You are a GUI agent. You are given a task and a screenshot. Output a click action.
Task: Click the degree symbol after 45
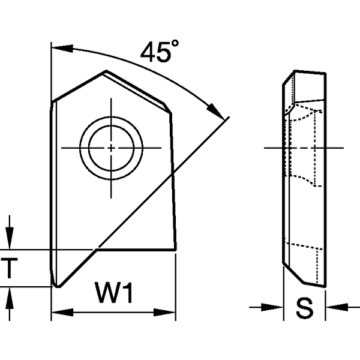click(x=175, y=45)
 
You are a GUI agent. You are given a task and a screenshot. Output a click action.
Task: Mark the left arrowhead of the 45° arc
click(x=59, y=46)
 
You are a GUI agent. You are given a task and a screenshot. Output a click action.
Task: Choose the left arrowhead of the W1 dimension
click(x=58, y=312)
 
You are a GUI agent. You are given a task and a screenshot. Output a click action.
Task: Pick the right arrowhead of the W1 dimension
click(x=170, y=312)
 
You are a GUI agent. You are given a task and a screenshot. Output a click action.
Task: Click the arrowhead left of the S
click(x=277, y=308)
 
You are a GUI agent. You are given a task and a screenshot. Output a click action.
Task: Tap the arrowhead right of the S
click(x=332, y=308)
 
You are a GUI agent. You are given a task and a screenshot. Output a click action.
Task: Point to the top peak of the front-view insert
click(x=106, y=72)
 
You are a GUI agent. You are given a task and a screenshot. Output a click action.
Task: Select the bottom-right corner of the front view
click(x=175, y=250)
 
